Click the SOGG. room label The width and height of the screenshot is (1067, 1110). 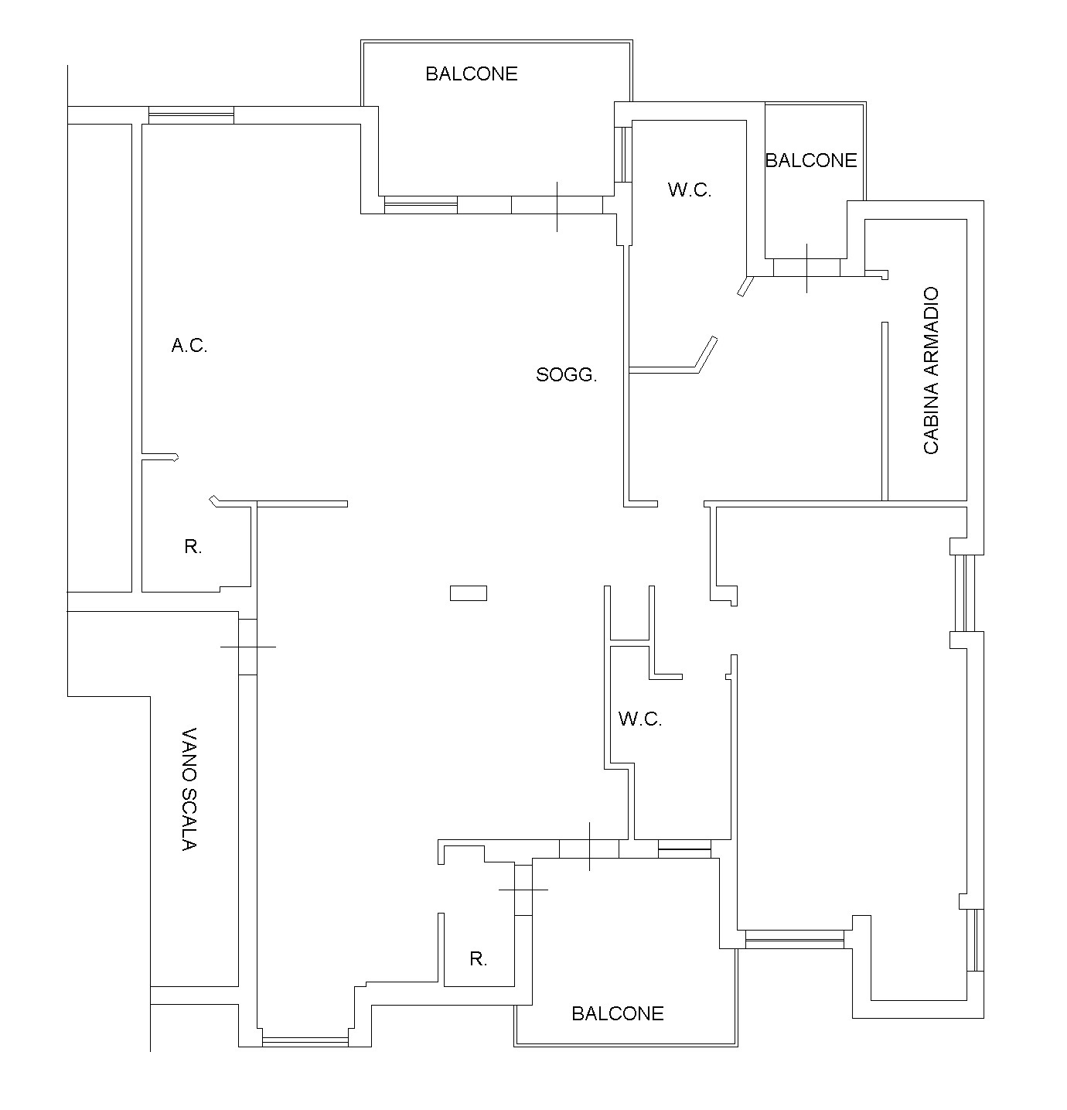pyautogui.click(x=566, y=374)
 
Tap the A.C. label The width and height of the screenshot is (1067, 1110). pyautogui.click(x=189, y=345)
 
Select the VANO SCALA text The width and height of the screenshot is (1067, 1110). pyautogui.click(x=189, y=789)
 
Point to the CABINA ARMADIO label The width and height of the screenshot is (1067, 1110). pyautogui.click(x=931, y=371)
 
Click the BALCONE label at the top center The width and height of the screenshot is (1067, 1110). pyautogui.click(x=472, y=73)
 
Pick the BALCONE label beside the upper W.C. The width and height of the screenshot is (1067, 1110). pyautogui.click(x=811, y=160)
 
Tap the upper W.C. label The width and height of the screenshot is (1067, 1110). pyautogui.click(x=690, y=190)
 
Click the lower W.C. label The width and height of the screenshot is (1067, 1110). pyautogui.click(x=640, y=719)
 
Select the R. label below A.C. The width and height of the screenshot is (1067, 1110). pyautogui.click(x=193, y=546)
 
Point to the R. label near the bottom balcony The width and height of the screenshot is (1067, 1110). pyautogui.click(x=478, y=959)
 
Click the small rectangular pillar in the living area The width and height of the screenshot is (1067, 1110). pyautogui.click(x=469, y=593)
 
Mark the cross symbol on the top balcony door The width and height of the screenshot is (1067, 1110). pyautogui.click(x=557, y=207)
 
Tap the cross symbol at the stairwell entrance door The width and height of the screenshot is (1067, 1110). pyautogui.click(x=248, y=647)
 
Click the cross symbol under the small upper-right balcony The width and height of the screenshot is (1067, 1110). pyautogui.click(x=806, y=268)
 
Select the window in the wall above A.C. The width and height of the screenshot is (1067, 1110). pyautogui.click(x=191, y=115)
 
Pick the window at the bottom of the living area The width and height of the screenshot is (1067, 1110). pyautogui.click(x=305, y=1042)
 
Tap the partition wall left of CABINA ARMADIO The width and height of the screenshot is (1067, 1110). pyautogui.click(x=885, y=412)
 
